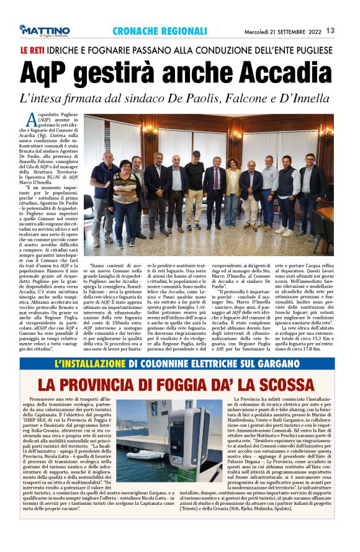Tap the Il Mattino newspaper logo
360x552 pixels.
click(44, 30)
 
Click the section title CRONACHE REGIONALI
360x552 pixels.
click(160, 30)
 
